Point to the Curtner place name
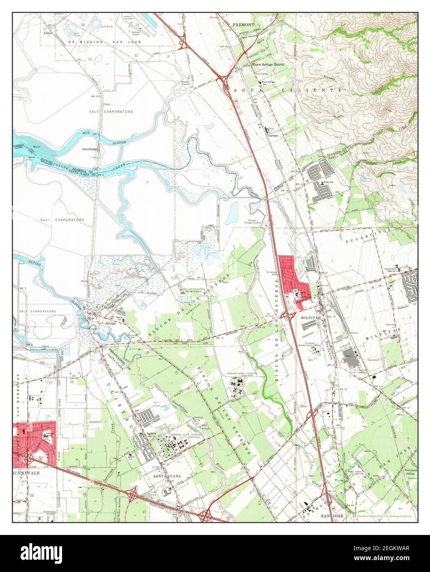coord(273,135)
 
